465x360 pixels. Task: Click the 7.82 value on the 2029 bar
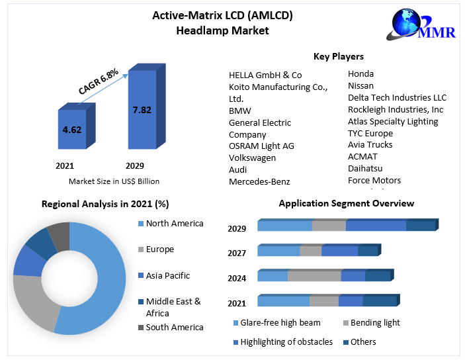pyautogui.click(x=142, y=110)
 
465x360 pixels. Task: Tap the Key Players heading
pyautogui.click(x=338, y=56)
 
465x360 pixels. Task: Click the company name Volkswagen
pyautogui.click(x=252, y=157)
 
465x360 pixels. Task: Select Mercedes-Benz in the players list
pyautogui.click(x=259, y=181)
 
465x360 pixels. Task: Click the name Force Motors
pyautogui.click(x=374, y=180)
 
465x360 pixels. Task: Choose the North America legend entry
pyautogui.click(x=174, y=224)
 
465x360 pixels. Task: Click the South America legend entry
pyautogui.click(x=174, y=327)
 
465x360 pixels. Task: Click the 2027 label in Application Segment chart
pyautogui.click(x=237, y=253)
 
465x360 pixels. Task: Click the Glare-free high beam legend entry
pyautogui.click(x=280, y=323)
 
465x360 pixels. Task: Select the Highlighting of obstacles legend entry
pyautogui.click(x=286, y=341)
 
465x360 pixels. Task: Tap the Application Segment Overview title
pyautogui.click(x=346, y=203)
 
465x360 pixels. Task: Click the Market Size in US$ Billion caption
pyautogui.click(x=114, y=181)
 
